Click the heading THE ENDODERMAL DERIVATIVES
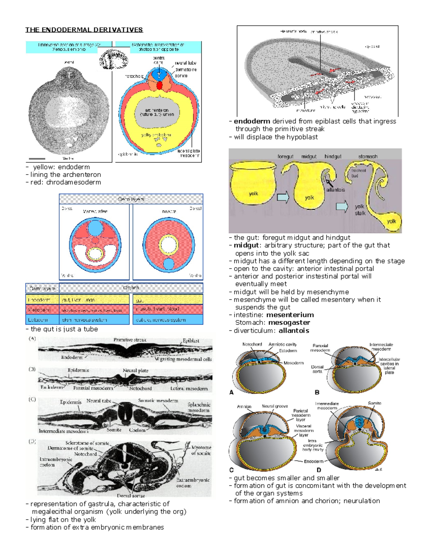[x=84, y=30]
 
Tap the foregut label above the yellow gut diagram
[x=285, y=157]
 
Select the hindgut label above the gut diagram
[x=333, y=157]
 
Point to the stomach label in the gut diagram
[x=368, y=157]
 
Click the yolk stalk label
[x=360, y=210]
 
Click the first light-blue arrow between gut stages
[x=283, y=197]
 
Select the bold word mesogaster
[x=289, y=323]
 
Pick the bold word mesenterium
[x=290, y=315]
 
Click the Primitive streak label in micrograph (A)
[x=130, y=340]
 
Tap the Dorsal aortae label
[x=131, y=496]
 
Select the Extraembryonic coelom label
[x=193, y=483]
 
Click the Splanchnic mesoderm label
[x=198, y=407]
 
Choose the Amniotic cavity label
[x=283, y=344]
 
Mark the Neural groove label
[x=275, y=406]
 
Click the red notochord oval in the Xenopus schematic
[x=159, y=86]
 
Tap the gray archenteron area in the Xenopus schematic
[x=157, y=112]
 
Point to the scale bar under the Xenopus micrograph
[x=37, y=159]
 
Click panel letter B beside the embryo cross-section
[x=317, y=392]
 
